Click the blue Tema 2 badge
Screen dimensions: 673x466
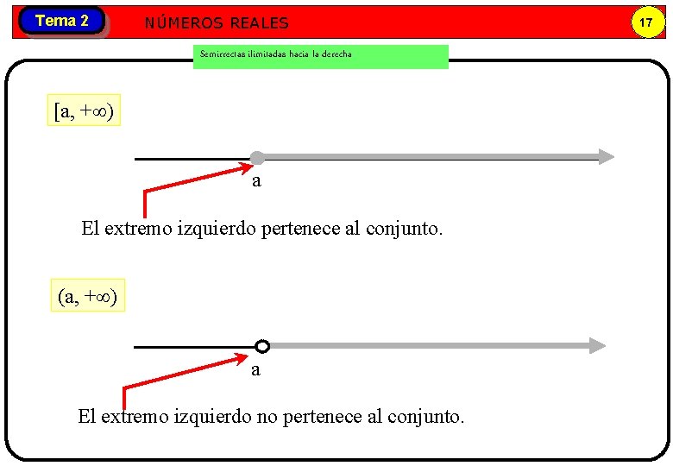coord(61,21)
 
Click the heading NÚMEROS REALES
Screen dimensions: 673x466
coord(217,23)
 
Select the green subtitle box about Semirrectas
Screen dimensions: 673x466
coord(320,56)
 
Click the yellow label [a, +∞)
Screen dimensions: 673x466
coord(84,110)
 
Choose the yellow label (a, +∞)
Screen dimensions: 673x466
coord(87,297)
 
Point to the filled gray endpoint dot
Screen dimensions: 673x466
coord(257,158)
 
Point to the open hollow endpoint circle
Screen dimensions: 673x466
coord(262,346)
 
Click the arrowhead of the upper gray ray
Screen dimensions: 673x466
coord(607,157)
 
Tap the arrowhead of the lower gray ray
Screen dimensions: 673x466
coord(598,345)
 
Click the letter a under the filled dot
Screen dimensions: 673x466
coord(256,181)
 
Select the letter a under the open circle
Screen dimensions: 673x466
coord(255,370)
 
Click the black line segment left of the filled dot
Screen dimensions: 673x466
coord(190,159)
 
